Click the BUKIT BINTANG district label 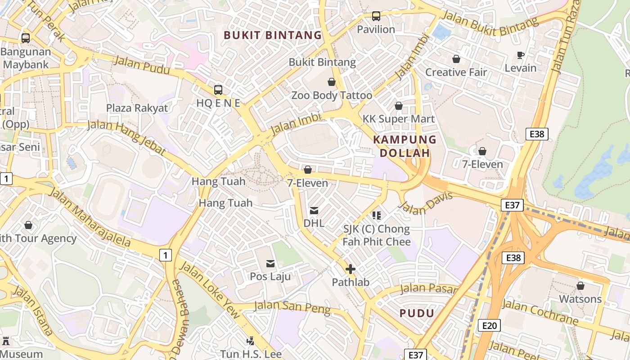273,35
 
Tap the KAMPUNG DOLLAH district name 405,146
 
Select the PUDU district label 417,313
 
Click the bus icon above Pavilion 376,16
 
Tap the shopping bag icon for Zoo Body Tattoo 332,82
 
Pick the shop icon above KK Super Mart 398,106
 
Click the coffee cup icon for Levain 520,55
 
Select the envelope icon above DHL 314,210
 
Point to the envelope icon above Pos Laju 270,263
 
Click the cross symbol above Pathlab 350,269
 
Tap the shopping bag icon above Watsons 580,286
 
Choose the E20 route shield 489,325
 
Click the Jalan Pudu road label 141,65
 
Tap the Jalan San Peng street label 292,307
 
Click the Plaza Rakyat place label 137,108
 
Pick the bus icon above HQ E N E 218,90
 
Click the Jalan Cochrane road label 540,312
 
